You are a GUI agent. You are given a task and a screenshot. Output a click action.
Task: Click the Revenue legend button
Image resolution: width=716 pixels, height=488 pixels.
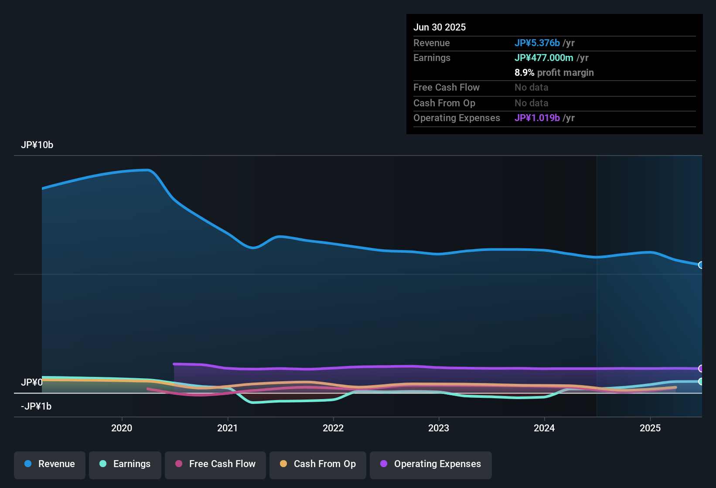coord(50,464)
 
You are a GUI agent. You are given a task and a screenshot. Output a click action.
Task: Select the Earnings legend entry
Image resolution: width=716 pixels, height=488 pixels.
coord(125,464)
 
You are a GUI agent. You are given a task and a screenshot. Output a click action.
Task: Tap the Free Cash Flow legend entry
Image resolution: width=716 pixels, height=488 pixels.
coord(215,464)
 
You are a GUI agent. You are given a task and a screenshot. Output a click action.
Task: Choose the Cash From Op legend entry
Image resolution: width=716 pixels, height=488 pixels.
coord(318,464)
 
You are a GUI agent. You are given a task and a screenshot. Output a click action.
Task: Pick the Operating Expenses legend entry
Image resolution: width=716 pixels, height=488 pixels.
coord(431,464)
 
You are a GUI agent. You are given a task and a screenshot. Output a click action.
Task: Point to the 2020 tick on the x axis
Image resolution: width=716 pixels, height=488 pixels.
coord(122,428)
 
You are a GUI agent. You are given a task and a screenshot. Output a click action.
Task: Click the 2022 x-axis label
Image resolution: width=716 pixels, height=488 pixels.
coord(333,428)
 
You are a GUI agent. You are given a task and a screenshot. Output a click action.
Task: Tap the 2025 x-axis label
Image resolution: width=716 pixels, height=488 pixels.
coord(650,428)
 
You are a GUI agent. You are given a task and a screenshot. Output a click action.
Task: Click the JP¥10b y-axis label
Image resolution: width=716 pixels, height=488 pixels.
coord(37,145)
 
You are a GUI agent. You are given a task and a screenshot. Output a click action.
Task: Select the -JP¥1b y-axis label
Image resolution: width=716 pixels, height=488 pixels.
coord(36,407)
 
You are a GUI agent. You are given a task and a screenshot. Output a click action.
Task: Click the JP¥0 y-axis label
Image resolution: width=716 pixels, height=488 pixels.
coord(32,383)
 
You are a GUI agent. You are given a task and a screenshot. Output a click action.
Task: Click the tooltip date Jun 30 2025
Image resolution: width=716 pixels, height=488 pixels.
coord(440,27)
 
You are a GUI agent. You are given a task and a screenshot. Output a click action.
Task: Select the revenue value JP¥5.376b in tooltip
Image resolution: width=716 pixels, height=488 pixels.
coord(537,43)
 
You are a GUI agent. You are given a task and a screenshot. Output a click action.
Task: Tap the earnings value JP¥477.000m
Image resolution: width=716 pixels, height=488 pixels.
coord(544,58)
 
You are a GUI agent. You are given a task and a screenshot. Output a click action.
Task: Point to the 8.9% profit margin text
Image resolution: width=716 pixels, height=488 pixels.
coord(554,73)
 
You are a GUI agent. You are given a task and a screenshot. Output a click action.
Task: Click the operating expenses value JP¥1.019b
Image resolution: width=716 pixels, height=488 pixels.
coord(537,118)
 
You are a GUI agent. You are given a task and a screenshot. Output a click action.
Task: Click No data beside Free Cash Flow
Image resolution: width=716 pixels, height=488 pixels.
coord(531,88)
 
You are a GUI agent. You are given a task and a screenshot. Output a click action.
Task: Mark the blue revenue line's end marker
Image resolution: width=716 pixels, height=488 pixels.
coord(701,265)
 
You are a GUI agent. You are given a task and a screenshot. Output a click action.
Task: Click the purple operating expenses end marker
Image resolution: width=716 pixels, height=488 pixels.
coord(701,369)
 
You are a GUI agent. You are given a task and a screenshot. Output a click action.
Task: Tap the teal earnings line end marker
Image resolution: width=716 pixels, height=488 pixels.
coord(701,381)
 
